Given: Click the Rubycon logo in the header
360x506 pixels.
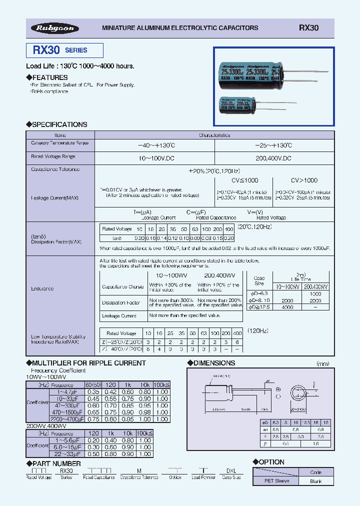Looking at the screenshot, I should (x=55, y=28).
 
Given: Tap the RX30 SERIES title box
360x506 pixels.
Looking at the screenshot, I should (x=64, y=50).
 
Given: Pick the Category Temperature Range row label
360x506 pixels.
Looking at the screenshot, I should (x=60, y=143).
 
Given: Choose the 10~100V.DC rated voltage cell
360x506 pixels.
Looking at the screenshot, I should (x=154, y=157).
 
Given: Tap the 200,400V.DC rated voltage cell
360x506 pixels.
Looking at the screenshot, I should (x=274, y=157).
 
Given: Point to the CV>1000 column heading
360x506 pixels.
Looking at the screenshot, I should (x=304, y=180).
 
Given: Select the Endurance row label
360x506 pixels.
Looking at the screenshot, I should (x=42, y=288).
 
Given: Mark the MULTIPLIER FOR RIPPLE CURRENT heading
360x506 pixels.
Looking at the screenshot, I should (x=85, y=363).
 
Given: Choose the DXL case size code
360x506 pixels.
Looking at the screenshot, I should (x=231, y=471).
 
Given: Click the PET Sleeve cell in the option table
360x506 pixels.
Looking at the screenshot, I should (x=275, y=481).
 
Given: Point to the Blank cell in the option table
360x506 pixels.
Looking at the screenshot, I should (x=315, y=481).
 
